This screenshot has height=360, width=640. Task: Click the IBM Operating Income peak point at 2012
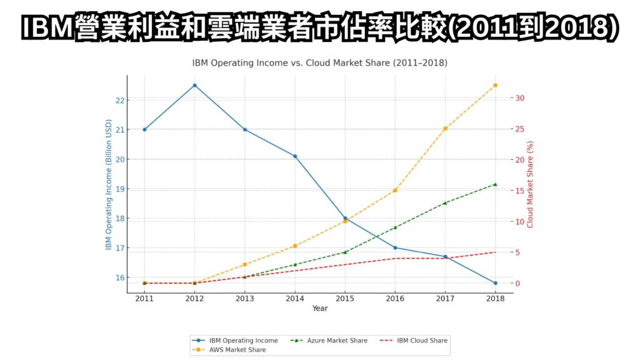[194, 85]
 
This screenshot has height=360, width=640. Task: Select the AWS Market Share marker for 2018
[495, 85]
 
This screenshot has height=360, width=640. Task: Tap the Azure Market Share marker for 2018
[495, 184]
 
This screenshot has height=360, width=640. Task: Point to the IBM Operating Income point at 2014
[295, 156]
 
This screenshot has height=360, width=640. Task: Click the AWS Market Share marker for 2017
[445, 129]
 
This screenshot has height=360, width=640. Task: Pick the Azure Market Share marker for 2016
[395, 227]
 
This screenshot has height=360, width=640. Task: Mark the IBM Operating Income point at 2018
[495, 283]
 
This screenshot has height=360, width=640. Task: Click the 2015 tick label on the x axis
[345, 299]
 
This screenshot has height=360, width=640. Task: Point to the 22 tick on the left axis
[119, 100]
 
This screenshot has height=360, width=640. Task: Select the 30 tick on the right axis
[520, 98]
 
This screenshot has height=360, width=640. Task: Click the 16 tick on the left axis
[119, 277]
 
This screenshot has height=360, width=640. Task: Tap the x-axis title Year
[320, 309]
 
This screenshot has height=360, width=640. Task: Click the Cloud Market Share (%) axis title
[531, 184]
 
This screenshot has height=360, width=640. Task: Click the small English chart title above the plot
[319, 63]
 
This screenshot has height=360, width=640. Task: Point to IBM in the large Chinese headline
[45, 28]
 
